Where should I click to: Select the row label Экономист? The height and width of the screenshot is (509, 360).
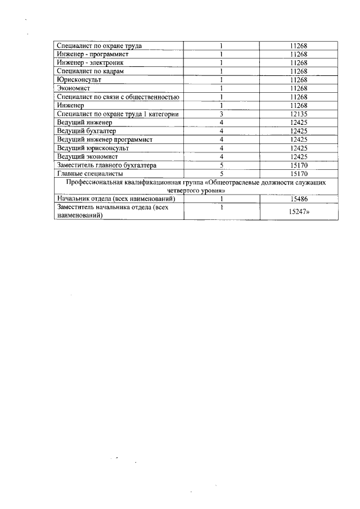click(x=73, y=88)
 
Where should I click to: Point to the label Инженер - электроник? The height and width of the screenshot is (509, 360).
click(x=90, y=63)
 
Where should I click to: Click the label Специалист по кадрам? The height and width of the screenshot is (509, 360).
click(x=91, y=71)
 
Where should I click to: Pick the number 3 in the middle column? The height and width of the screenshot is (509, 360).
click(x=222, y=114)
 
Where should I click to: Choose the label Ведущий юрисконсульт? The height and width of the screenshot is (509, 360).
click(x=93, y=148)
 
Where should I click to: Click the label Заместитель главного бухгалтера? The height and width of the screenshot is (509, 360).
click(x=110, y=165)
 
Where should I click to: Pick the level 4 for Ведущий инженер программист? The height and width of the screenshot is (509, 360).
click(x=222, y=139)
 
